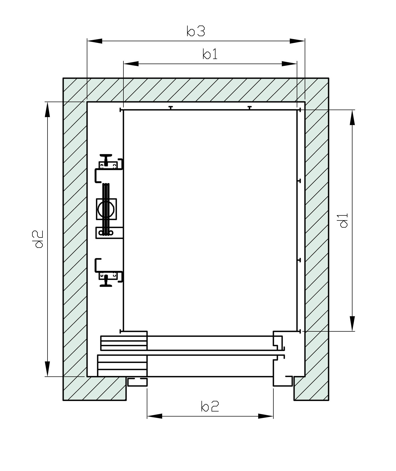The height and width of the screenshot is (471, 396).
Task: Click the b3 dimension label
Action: (196, 31)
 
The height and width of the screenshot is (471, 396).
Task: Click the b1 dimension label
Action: (210, 54)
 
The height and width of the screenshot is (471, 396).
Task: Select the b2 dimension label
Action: (210, 407)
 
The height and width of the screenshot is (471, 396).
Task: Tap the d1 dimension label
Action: (344, 220)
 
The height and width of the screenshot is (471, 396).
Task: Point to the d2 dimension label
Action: (37, 239)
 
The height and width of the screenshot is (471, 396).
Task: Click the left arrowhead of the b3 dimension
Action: (95, 41)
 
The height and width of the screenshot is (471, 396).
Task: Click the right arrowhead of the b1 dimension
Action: (289, 64)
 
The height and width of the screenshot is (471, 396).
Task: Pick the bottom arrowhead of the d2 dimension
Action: (47, 369)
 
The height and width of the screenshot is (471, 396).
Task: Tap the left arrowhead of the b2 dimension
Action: (155, 416)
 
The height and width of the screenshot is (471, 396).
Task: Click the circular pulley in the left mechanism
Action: (106, 209)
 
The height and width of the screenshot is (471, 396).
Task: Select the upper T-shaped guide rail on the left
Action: (106, 159)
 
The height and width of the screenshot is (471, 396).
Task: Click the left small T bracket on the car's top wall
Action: (171, 107)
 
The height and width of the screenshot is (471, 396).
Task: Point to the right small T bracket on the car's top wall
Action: (249, 107)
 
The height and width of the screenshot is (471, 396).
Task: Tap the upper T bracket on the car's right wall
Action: (299, 181)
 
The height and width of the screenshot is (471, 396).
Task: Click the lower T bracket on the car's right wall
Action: (299, 260)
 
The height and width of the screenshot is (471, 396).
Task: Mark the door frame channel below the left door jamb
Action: (137, 382)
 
